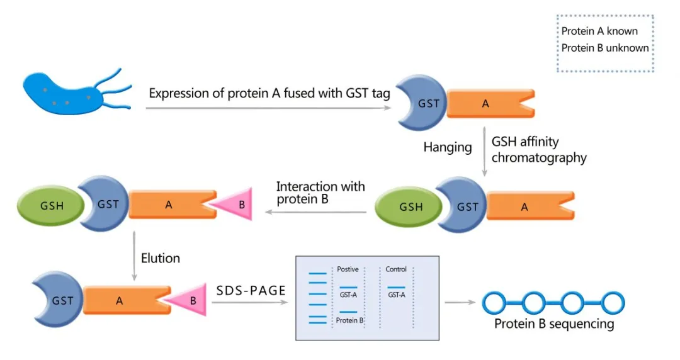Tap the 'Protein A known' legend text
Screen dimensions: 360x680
599,31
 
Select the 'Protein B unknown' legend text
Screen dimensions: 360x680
604,48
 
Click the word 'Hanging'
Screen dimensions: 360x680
448,147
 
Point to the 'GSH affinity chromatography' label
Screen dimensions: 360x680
538,150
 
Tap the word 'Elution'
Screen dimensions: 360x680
160,258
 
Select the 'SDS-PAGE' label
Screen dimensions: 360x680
251,290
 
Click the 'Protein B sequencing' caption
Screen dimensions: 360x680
553,324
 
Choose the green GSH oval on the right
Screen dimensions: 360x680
411,206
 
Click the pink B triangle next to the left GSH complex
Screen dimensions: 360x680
236,204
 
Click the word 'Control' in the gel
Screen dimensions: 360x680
396,269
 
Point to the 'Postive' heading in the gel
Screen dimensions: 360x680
348,269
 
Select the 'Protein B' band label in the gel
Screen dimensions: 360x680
349,320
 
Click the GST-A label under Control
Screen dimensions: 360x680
396,295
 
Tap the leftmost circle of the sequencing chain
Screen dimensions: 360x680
495,303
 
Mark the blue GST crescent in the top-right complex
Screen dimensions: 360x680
423,104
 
